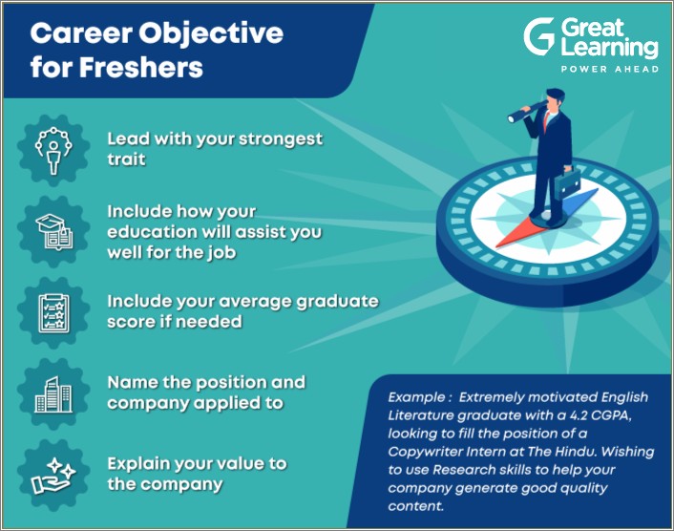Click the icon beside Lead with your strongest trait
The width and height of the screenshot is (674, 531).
[48, 148]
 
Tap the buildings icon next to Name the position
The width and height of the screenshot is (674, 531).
[48, 393]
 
